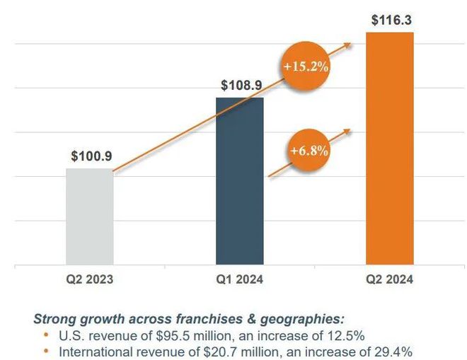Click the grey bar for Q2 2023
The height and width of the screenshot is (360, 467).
coord(90,216)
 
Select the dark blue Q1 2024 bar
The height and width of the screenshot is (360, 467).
coord(240,181)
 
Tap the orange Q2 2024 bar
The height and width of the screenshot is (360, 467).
coord(390,149)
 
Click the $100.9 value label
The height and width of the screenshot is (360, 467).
coord(91,156)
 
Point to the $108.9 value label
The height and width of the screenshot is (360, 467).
coord(241,85)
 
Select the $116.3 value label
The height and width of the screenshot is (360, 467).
coord(392,20)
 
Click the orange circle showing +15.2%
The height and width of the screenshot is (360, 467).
coord(306,66)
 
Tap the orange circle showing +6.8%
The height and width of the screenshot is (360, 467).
coord(309,151)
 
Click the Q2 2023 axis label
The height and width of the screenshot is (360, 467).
coord(90,279)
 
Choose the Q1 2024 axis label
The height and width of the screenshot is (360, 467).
coord(240,279)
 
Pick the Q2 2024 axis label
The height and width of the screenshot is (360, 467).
coord(390,279)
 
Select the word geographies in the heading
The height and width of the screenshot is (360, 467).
coord(302,320)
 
